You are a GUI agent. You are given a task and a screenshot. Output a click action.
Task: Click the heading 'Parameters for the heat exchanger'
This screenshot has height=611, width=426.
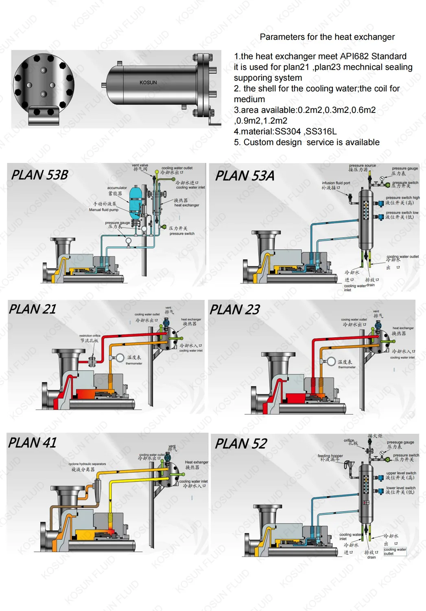[327, 37]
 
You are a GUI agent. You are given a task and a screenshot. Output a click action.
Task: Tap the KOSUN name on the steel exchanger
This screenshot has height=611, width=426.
[148, 82]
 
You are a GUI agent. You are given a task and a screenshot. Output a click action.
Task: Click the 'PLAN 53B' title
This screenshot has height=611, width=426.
[39, 175]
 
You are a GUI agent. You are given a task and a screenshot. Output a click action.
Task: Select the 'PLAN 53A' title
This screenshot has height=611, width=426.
[245, 176]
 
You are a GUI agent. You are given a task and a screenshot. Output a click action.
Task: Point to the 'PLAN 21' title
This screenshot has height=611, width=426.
[33, 309]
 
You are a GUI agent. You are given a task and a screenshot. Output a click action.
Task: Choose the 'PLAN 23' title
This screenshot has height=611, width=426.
[234, 310]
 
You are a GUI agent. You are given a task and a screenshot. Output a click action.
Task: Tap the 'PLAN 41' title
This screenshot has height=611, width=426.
[33, 443]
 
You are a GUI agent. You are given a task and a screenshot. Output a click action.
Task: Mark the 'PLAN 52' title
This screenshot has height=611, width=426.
[241, 444]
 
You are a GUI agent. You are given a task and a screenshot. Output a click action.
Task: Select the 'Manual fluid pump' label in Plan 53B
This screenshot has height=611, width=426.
[104, 210]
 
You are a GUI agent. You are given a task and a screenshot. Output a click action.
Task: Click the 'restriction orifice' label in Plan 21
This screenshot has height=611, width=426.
[90, 336]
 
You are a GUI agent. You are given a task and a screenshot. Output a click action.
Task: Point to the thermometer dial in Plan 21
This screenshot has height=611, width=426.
[120, 358]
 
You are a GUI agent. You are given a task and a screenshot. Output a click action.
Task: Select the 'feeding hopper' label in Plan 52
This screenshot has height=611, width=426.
[330, 456]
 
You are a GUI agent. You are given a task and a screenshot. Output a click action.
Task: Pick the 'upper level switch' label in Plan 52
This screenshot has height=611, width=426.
[401, 473]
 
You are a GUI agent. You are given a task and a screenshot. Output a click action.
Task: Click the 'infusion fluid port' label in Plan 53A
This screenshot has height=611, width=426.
[336, 183]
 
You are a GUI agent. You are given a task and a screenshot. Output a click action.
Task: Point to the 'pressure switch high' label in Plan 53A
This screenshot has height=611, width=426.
[402, 198]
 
